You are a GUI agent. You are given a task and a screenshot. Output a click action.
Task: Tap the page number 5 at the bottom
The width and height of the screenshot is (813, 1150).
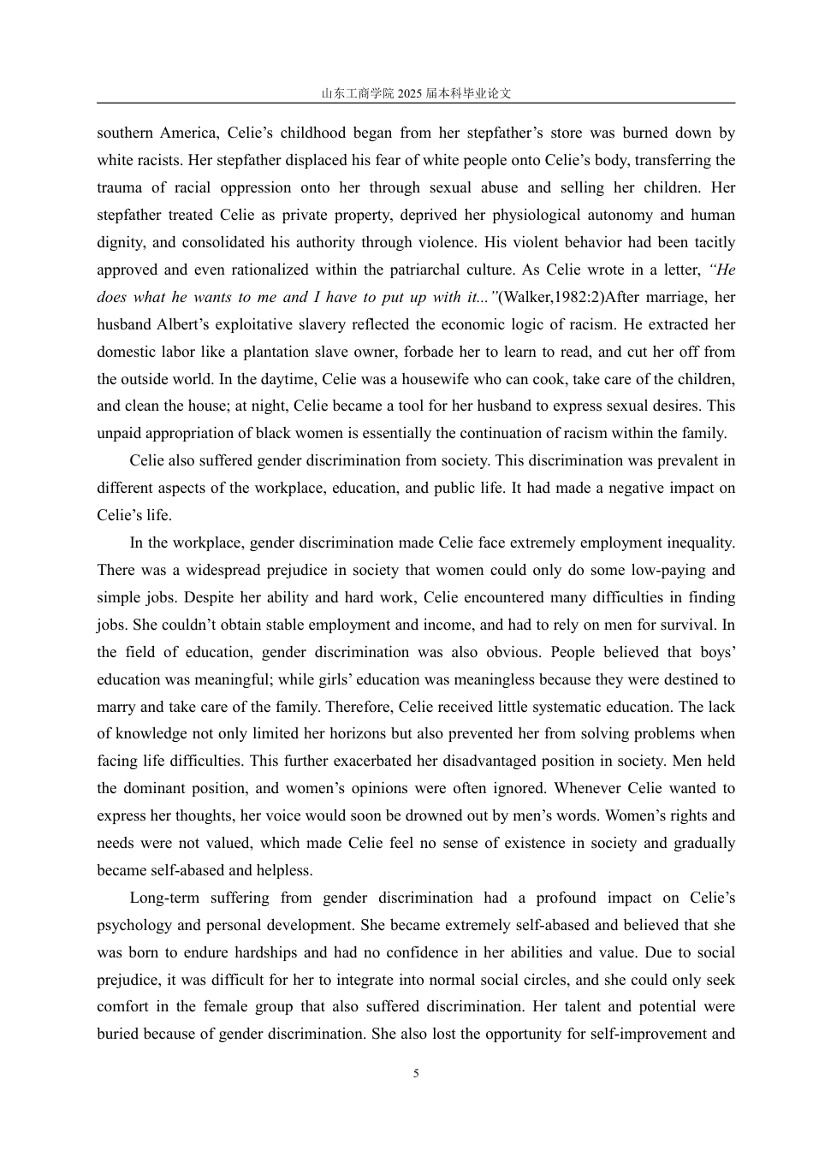click(416, 1074)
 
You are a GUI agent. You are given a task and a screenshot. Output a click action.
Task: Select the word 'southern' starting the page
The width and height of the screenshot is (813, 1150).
click(125, 133)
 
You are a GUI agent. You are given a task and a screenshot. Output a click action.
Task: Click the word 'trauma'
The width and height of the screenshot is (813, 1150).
click(119, 187)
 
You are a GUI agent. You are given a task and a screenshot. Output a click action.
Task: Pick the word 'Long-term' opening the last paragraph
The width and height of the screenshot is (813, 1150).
click(164, 898)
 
